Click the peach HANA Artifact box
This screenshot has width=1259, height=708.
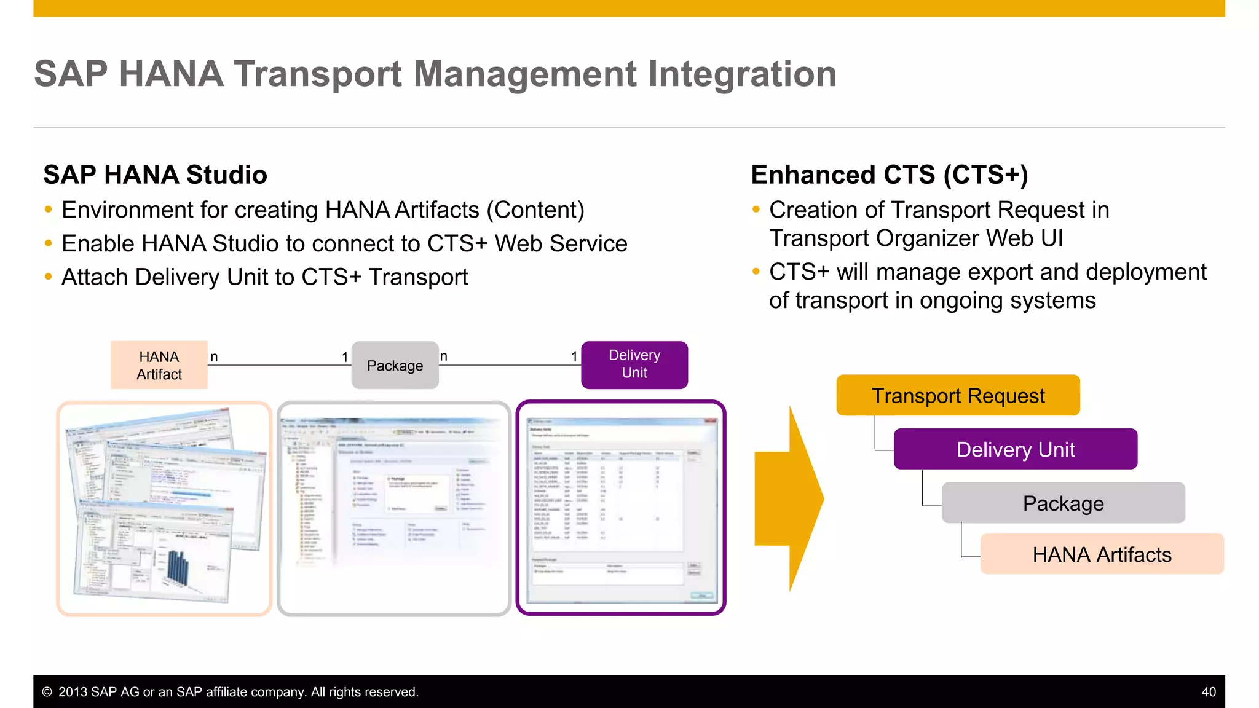pos(159,365)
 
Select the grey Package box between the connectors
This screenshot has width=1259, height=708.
pos(395,366)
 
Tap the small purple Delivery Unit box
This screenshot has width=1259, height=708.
pos(634,364)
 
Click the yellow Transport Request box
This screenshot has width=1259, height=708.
pos(957,396)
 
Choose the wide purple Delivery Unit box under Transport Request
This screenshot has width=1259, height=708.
pos(1015,449)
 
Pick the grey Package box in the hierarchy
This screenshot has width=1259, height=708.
pos(1063,503)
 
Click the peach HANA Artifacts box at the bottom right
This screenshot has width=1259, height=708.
pos(1101,554)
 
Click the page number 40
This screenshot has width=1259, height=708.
pos(1208,692)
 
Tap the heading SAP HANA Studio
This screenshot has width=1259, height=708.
pos(155,175)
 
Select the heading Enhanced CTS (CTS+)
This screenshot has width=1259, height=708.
pos(889,175)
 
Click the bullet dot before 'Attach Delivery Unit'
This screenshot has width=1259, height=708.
pos(49,277)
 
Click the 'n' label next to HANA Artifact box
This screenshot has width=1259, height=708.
pos(214,357)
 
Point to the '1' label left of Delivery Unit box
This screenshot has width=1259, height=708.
pos(574,357)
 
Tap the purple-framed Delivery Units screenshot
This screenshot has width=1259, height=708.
pos(621,508)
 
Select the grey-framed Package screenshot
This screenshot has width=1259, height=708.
pos(393,508)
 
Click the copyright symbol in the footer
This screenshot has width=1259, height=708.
pos(47,692)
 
